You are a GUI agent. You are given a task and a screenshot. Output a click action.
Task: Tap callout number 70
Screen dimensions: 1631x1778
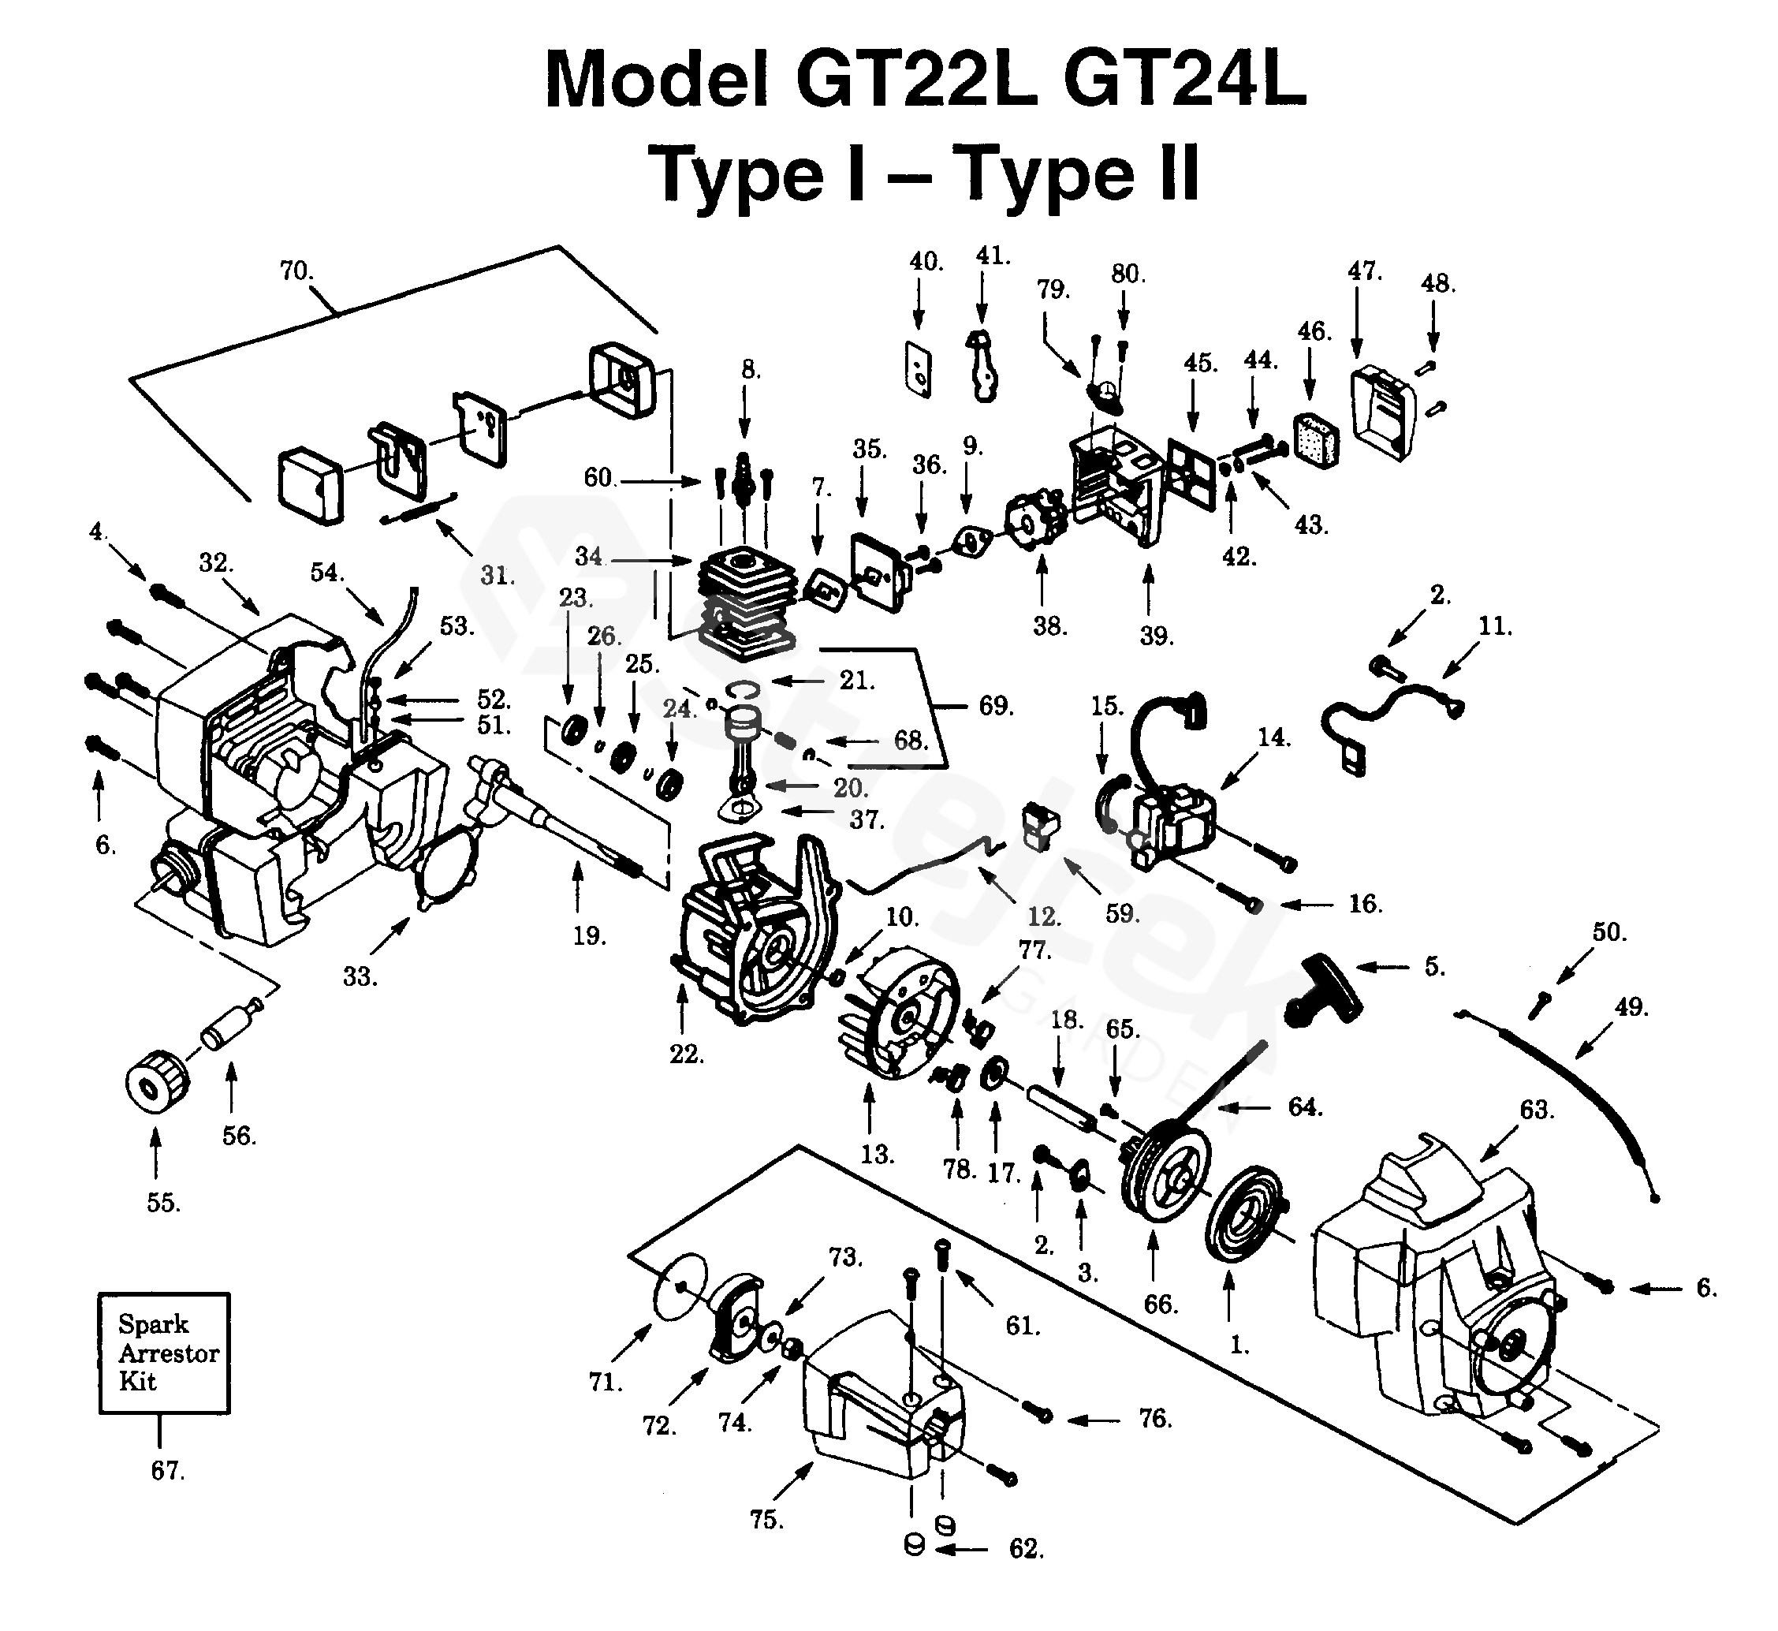tap(296, 271)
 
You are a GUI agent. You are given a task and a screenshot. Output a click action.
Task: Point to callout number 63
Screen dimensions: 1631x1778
tap(1536, 1110)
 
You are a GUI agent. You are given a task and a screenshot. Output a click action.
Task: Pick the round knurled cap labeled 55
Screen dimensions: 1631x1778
tap(157, 1081)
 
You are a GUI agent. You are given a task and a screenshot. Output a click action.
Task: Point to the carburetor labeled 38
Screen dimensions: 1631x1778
tap(1036, 521)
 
